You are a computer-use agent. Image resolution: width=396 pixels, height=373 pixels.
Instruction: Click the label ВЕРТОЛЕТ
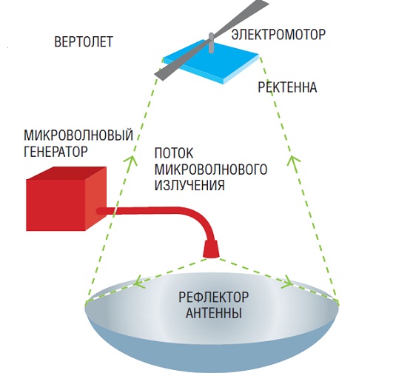(84, 42)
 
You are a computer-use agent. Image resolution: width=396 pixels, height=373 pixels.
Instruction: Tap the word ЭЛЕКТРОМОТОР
(278, 34)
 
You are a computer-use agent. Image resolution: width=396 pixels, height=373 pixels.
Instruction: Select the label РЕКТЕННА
(287, 87)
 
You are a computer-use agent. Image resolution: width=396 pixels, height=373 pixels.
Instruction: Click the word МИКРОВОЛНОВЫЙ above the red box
(78, 135)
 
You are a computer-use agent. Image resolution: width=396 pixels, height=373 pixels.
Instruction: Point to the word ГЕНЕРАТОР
(56, 152)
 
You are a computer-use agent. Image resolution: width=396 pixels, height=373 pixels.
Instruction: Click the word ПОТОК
(174, 153)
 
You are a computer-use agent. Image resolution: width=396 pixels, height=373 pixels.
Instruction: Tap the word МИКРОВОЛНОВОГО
(211, 169)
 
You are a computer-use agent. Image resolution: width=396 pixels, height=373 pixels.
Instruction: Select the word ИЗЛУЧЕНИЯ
(189, 185)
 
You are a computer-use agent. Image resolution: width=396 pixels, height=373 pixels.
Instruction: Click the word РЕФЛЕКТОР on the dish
(213, 297)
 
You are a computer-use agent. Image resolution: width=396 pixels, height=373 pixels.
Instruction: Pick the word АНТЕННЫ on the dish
(214, 313)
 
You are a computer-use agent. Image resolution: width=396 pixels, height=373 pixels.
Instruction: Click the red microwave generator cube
(66, 199)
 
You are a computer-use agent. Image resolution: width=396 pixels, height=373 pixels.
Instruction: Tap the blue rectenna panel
(212, 61)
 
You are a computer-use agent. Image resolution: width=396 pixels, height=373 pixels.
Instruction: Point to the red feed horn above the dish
(211, 249)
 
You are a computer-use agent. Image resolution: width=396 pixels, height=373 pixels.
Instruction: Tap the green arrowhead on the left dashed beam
(131, 160)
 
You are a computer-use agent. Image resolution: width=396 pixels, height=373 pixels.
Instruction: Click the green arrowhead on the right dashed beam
(293, 161)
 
